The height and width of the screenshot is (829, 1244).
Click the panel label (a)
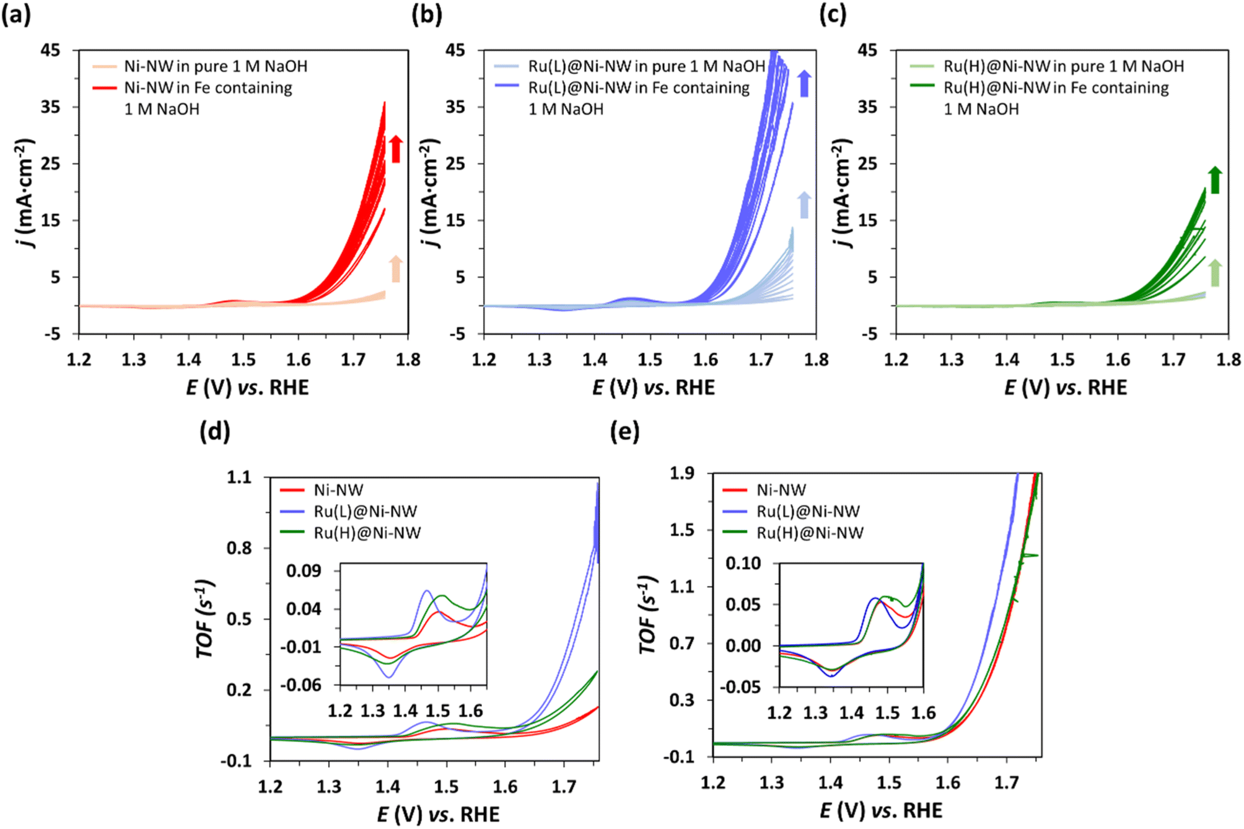15,14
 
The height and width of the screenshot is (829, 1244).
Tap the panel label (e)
624,431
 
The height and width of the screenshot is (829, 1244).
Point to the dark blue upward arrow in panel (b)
804,84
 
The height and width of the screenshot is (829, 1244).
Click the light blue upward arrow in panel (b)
804,205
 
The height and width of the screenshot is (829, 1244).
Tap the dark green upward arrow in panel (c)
1215,180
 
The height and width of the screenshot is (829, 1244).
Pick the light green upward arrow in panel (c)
1215,273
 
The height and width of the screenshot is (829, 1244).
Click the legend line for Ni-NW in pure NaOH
104,66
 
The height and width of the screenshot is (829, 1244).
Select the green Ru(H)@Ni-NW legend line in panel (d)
292,532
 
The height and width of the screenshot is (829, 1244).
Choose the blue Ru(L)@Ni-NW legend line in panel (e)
735,512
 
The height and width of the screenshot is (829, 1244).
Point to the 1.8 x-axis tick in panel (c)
1228,360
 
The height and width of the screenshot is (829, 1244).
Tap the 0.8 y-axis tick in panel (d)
239,548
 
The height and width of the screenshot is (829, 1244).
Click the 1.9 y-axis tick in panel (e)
682,474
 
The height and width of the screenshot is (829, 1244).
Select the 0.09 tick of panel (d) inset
304,570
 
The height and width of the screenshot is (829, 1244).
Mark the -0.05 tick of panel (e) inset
740,687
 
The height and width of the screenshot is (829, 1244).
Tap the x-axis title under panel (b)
653,388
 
